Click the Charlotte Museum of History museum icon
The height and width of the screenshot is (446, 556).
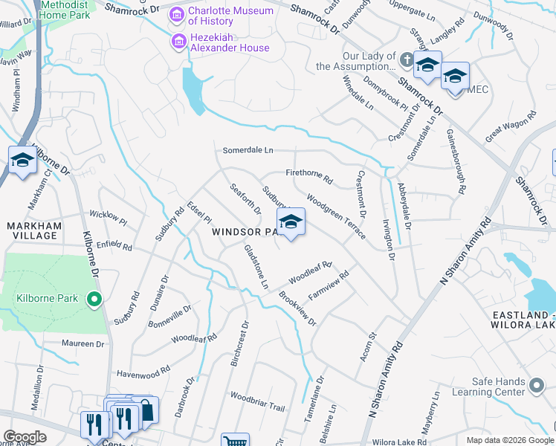pyautogui.click(x=177, y=14)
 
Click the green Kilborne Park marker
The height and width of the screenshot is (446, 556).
pyautogui.click(x=94, y=300)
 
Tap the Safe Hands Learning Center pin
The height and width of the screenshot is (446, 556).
pyautogui.click(x=537, y=386)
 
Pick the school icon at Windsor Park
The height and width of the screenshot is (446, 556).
pyautogui.click(x=291, y=222)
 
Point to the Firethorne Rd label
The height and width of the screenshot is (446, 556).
pyautogui.click(x=308, y=175)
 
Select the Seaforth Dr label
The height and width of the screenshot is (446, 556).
pyautogui.click(x=245, y=199)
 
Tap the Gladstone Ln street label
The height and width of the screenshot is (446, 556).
pyautogui.click(x=256, y=268)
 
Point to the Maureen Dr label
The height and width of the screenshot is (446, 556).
pyautogui.click(x=83, y=344)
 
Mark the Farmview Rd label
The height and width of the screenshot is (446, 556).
pyautogui.click(x=329, y=285)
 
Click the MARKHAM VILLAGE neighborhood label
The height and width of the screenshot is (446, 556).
pyautogui.click(x=31, y=230)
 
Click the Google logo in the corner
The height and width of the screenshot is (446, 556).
pyautogui.click(x=25, y=437)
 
